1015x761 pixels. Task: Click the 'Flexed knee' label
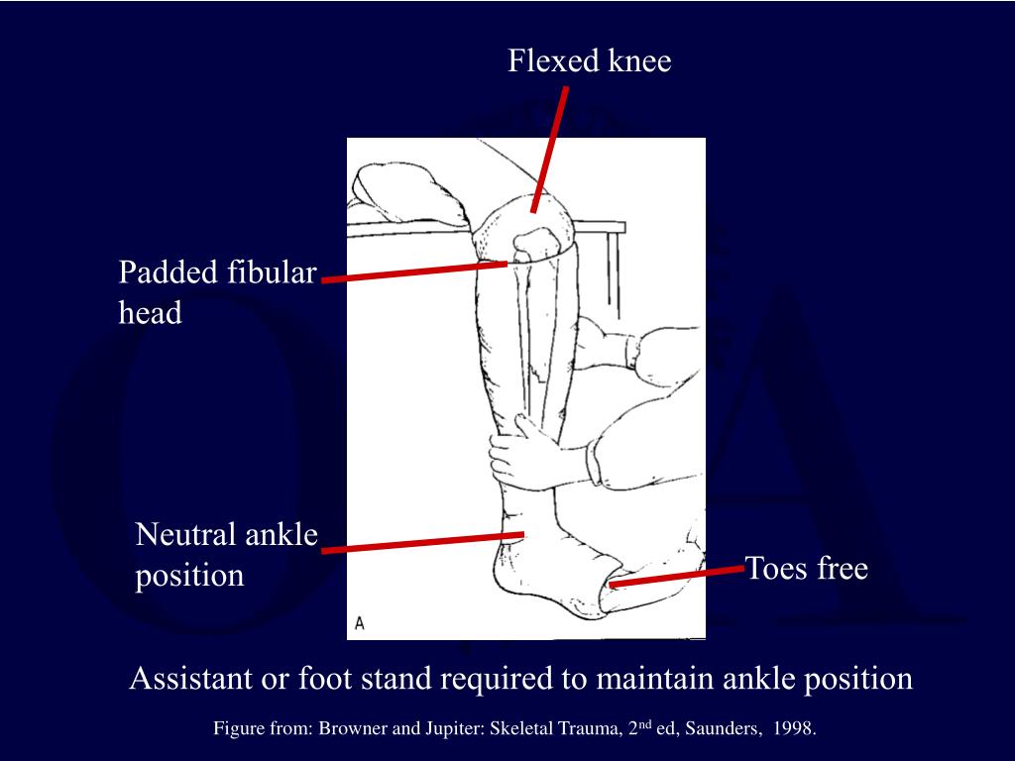[x=590, y=61]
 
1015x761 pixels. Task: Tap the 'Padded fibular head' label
[x=217, y=292]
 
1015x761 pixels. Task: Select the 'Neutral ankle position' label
[x=227, y=555]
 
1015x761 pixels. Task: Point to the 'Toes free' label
[x=806, y=569]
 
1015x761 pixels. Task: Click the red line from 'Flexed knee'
[x=550, y=149]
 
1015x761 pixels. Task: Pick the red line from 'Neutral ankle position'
[x=422, y=542]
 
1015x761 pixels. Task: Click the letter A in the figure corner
[x=360, y=623]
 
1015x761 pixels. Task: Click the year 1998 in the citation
[x=795, y=729]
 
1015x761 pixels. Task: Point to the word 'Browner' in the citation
[x=348, y=729]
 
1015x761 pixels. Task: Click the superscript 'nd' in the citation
[x=645, y=724]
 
